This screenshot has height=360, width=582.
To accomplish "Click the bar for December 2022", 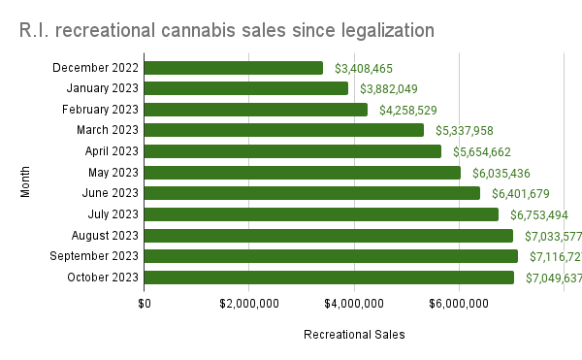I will (233, 68).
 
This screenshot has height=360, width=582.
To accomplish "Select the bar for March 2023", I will (283, 130).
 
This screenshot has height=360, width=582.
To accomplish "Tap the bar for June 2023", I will (311, 193).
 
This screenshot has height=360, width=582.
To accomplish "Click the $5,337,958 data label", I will (467, 130).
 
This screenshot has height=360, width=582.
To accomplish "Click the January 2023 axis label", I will (102, 88).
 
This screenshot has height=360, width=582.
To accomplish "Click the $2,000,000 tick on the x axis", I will (248, 304).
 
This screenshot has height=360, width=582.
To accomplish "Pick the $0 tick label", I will (145, 304).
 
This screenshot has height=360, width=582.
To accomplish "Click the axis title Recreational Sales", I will (354, 335).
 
